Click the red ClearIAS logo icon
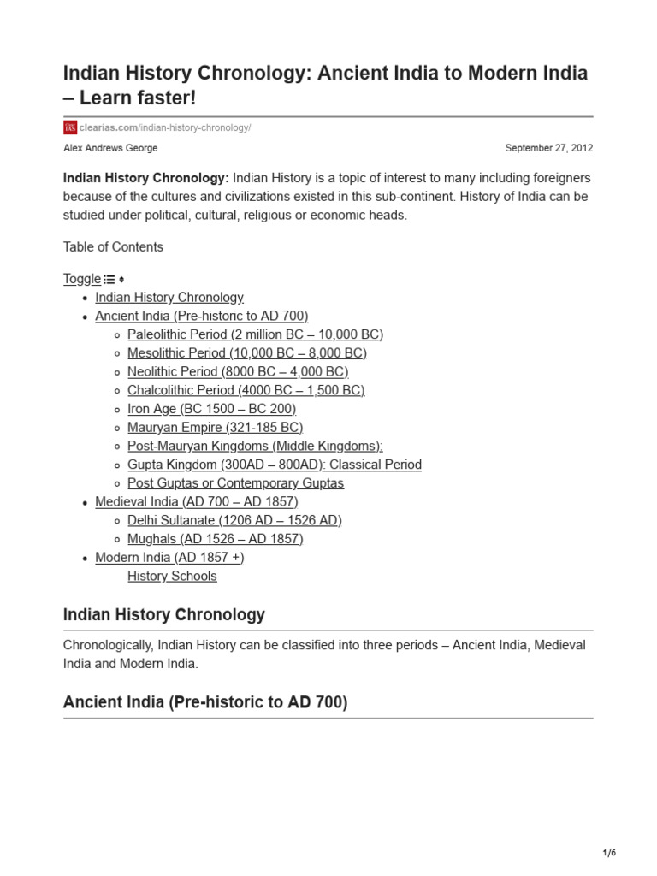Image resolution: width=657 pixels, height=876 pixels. [x=70, y=127]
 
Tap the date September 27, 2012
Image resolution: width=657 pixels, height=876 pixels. [x=548, y=148]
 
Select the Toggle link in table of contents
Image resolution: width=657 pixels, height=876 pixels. [x=82, y=279]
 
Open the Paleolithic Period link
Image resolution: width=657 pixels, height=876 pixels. [x=255, y=334]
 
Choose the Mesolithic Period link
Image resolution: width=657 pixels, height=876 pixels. [x=246, y=353]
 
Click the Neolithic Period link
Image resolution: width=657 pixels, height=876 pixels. [x=238, y=372]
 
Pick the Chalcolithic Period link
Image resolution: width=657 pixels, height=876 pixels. [x=246, y=390]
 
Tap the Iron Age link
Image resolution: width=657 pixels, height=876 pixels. [x=211, y=409]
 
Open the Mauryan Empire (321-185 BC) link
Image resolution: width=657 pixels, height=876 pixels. [x=215, y=428]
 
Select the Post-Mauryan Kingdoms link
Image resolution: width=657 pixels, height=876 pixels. [x=255, y=447]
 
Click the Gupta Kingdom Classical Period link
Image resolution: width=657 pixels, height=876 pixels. [x=274, y=465]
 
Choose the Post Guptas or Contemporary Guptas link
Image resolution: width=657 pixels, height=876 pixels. [x=235, y=483]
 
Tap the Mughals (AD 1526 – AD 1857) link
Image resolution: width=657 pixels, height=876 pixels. [x=215, y=539]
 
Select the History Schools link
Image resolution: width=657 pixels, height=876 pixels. [x=172, y=577]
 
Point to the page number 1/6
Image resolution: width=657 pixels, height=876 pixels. [x=608, y=853]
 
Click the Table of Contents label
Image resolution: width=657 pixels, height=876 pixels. [x=113, y=247]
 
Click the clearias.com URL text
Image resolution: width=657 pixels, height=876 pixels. [x=166, y=127]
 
